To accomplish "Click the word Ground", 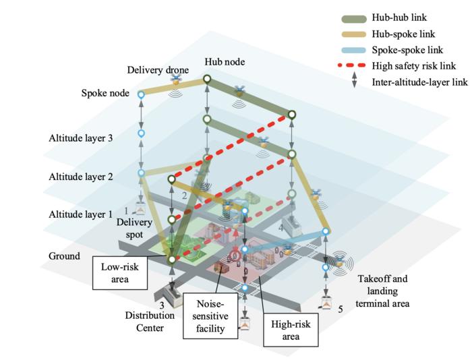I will (x=64, y=256).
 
